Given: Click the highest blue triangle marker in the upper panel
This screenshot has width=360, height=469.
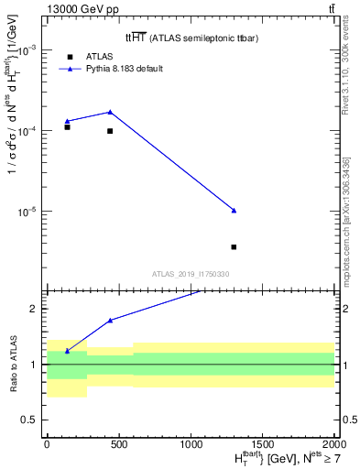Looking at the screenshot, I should tap(110, 112).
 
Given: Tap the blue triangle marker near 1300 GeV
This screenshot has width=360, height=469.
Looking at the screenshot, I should tap(235, 211).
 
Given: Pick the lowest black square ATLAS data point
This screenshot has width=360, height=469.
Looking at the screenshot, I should tap(235, 246).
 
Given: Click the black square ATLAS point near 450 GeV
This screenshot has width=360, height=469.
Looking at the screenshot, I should tap(110, 131).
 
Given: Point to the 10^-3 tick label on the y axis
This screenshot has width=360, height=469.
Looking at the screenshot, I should tap(27, 51).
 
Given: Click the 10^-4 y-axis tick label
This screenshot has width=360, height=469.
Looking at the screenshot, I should tap(27, 131).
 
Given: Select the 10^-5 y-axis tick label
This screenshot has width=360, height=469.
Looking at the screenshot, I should tap(27, 212).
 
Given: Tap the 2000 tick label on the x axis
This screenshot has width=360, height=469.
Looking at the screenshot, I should tap(333, 442).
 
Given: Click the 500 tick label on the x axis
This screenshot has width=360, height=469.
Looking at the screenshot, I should tap(118, 442).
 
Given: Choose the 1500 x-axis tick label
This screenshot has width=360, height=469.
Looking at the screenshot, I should tap(262, 442).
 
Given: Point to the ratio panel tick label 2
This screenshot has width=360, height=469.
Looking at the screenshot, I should tap(35, 309).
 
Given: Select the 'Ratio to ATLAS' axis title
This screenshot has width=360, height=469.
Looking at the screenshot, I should tap(12, 364).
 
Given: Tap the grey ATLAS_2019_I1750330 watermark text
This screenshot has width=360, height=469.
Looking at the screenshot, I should tap(190, 274).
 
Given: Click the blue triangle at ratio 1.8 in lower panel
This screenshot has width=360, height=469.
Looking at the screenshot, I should tap(110, 321).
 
